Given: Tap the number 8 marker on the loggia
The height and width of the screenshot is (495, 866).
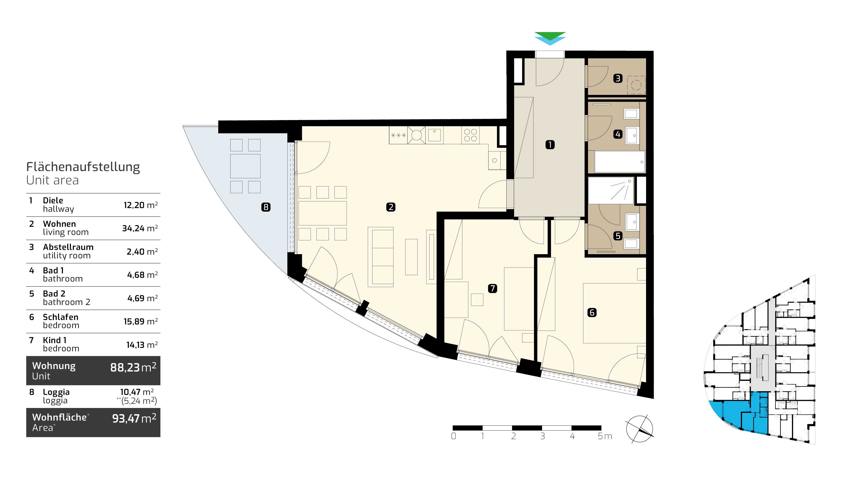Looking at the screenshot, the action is [x=266, y=207].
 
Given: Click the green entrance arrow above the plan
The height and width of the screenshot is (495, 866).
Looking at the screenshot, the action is [x=550, y=35].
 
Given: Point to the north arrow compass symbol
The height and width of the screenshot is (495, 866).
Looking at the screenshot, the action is [x=639, y=429].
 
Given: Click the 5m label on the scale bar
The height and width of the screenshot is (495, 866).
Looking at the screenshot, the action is [x=605, y=436].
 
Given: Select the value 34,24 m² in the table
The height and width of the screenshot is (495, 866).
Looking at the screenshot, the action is [x=140, y=228].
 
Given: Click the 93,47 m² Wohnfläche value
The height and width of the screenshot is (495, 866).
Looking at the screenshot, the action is [x=134, y=418].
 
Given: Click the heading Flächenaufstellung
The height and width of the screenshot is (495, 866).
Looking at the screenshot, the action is [x=83, y=167].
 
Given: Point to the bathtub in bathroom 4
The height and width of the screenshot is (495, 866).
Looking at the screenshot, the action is [x=620, y=162].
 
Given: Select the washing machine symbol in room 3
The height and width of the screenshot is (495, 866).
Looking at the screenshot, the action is [x=636, y=85].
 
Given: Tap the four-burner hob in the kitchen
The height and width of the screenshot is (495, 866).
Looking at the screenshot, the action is [x=471, y=135].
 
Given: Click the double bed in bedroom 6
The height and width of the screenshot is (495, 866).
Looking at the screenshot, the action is [x=614, y=313].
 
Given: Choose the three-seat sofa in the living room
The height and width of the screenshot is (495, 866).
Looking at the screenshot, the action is [x=381, y=257].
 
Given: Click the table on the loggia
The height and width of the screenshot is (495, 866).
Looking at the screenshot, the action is [x=245, y=166].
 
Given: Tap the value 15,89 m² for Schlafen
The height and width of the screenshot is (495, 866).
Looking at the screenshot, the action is [x=140, y=321].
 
